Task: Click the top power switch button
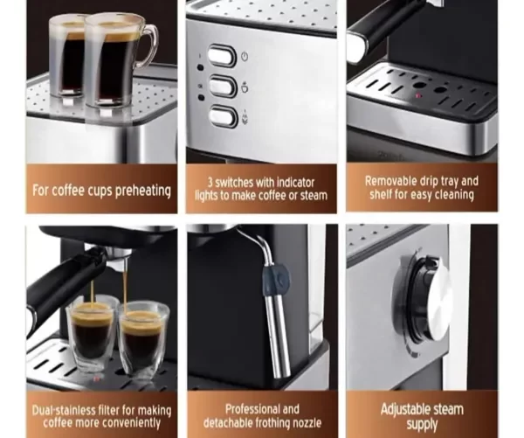tap(222, 55)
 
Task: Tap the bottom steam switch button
tap(224, 116)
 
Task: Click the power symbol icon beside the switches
tap(245, 56)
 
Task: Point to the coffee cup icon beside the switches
tap(245, 87)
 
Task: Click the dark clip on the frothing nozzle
tap(276, 280)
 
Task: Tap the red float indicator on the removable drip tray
tap(417, 96)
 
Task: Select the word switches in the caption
tap(234, 183)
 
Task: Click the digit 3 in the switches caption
tap(210, 183)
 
